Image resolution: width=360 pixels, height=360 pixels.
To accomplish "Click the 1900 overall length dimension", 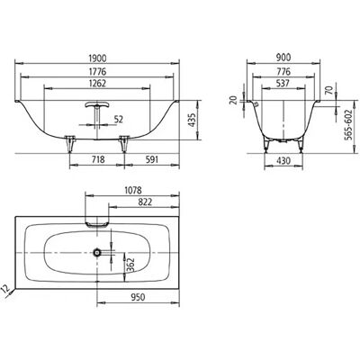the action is click(x=97, y=58).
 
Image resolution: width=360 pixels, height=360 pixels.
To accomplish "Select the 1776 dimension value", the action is click(x=97, y=72).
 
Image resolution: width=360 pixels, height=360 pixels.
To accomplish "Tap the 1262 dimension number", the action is click(x=97, y=83).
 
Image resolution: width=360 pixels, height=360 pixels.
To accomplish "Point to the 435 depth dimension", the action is click(x=192, y=121).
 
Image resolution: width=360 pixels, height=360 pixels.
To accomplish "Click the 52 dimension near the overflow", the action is click(x=119, y=120).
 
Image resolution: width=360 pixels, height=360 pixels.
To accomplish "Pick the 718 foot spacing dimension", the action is click(x=98, y=159).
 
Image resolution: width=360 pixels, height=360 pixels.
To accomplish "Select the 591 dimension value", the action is click(x=152, y=159).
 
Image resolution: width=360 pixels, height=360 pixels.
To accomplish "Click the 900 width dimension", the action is click(x=283, y=57).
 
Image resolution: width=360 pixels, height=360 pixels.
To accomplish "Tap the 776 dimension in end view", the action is click(x=283, y=72).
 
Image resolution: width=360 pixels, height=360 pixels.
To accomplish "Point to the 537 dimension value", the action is click(x=283, y=83).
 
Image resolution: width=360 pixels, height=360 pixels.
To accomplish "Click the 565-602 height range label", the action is click(x=347, y=125).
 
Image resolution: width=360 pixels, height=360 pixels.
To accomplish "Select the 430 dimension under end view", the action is click(x=283, y=161).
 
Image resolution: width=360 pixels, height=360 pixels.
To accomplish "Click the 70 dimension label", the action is click(x=328, y=90).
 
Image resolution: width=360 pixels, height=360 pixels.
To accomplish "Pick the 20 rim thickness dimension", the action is click(x=233, y=100).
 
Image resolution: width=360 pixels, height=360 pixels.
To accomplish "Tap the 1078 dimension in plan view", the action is click(x=132, y=190).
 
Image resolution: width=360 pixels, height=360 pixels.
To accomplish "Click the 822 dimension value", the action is click(x=146, y=202).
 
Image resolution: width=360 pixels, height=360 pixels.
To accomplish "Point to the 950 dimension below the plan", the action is click(x=138, y=297).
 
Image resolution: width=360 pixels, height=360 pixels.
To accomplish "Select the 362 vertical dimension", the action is click(x=130, y=265).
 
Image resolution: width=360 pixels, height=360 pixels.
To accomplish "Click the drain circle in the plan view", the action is click(x=97, y=253).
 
